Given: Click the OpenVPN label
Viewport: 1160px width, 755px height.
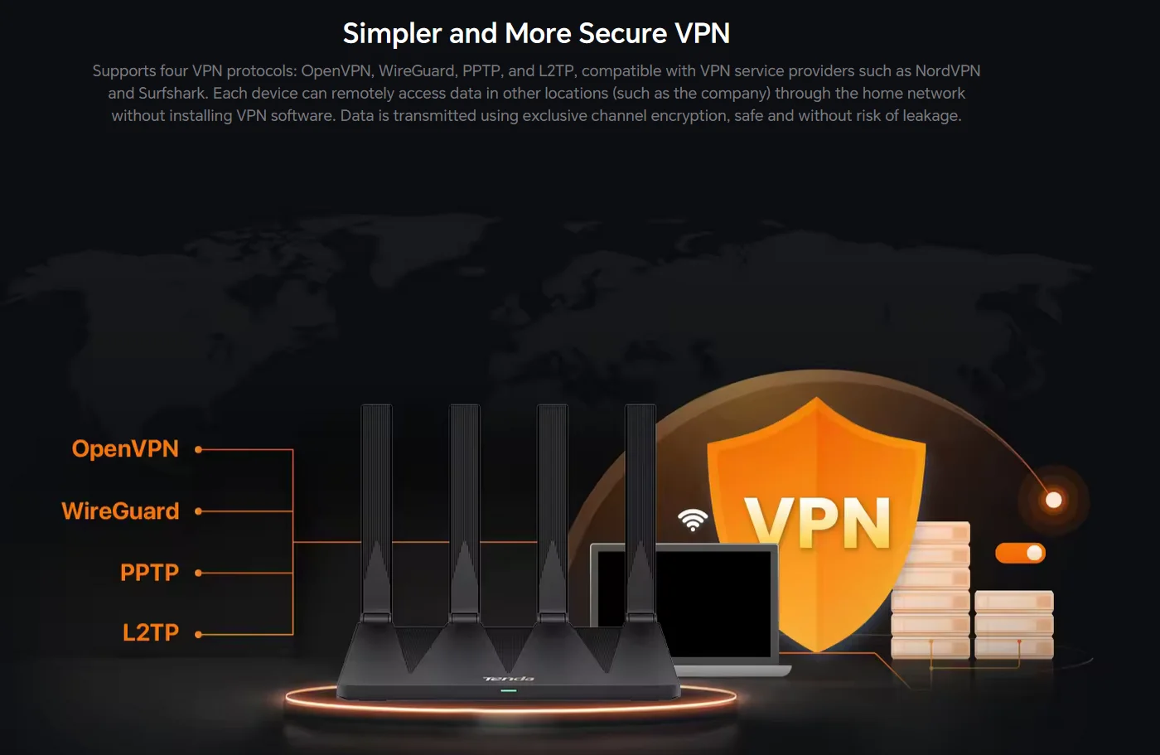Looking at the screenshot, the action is pos(125,448).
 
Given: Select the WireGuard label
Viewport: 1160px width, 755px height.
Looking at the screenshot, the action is pos(120,511).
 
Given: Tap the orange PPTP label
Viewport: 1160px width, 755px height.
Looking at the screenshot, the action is pos(149,572).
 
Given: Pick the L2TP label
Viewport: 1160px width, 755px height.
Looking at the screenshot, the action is pos(151,633).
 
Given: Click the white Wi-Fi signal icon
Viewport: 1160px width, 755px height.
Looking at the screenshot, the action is pos(693,520).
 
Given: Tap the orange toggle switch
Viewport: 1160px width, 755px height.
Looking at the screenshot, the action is pos(1020,553).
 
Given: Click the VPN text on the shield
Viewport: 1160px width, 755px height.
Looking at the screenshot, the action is pos(818,522).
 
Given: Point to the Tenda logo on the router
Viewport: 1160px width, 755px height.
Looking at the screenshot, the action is pos(509,679).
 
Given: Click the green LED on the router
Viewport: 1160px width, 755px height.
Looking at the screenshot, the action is pos(509,690).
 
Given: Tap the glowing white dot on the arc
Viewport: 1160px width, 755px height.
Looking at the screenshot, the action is pos(1053,500).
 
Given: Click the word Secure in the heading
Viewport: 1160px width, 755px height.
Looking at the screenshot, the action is pos(623,33).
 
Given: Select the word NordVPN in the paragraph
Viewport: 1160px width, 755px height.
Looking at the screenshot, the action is pos(947,71).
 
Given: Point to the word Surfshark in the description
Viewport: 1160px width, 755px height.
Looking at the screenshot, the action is pos(172,93).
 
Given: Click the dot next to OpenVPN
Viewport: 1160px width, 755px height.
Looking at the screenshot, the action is pos(198,449).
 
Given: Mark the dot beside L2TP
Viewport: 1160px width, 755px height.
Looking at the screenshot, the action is pos(198,634).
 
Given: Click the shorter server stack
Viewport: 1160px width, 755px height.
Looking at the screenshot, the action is pos(1014,625).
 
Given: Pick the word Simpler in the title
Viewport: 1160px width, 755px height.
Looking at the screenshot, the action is pos(392,34).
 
